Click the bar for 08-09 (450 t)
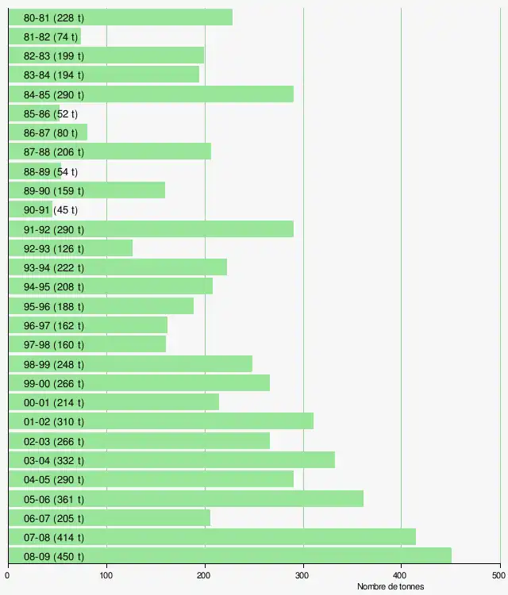(x=230, y=555)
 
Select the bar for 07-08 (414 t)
(x=212, y=536)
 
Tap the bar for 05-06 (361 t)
(x=186, y=498)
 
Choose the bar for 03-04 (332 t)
(x=171, y=459)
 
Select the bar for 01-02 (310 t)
(x=161, y=421)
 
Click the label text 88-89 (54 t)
(x=51, y=171)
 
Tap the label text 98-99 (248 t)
(x=54, y=364)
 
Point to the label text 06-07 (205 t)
(x=54, y=518)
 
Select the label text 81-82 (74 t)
(x=51, y=36)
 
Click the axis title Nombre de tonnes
(x=390, y=586)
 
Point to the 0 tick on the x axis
(x=8, y=575)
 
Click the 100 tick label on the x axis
(x=106, y=575)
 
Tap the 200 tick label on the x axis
(x=205, y=575)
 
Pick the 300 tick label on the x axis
(x=303, y=575)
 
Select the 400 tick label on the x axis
(x=401, y=575)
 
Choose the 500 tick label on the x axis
(x=497, y=575)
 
